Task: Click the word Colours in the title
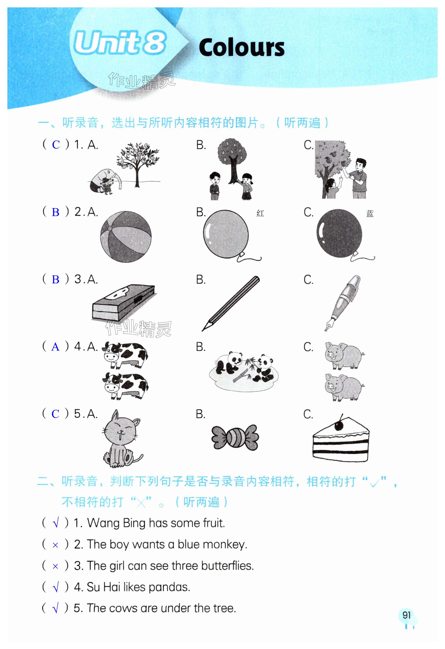(242, 47)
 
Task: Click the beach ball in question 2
(126, 237)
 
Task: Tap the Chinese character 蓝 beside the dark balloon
(370, 214)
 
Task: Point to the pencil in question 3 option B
(231, 303)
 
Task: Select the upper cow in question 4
(125, 355)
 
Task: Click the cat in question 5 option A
(122, 438)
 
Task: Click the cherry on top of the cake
(339, 425)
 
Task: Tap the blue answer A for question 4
(56, 347)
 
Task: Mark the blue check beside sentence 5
(56, 608)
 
